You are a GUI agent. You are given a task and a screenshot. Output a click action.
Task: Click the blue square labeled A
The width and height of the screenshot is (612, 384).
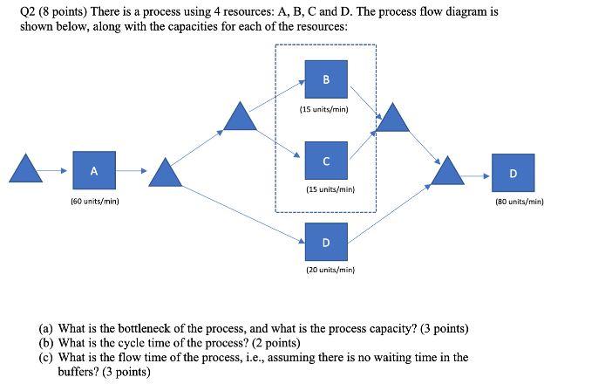coord(93,171)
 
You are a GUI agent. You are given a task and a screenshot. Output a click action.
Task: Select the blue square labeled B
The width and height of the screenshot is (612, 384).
coord(325,79)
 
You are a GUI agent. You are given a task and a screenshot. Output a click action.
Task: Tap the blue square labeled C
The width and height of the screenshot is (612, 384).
coord(325,161)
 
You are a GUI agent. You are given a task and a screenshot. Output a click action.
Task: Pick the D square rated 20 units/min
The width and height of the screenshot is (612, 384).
coord(325,242)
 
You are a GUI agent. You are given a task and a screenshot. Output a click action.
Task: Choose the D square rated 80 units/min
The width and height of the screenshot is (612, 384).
coord(512,172)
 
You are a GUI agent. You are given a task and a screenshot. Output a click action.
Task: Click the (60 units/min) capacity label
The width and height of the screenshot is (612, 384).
coord(94,202)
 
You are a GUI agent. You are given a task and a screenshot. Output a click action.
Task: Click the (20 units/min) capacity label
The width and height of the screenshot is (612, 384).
coord(330,271)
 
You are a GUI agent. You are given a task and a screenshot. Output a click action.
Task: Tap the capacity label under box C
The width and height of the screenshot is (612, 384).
coord(330,189)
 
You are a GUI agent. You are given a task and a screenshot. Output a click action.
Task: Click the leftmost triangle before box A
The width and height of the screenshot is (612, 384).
coord(25,169)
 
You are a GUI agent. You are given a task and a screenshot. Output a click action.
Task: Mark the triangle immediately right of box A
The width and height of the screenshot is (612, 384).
coord(165,173)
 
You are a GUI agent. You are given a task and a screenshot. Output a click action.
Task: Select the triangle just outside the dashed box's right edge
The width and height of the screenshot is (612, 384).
coord(393,118)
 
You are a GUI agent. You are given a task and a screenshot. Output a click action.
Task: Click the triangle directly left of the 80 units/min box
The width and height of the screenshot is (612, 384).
coord(450,172)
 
